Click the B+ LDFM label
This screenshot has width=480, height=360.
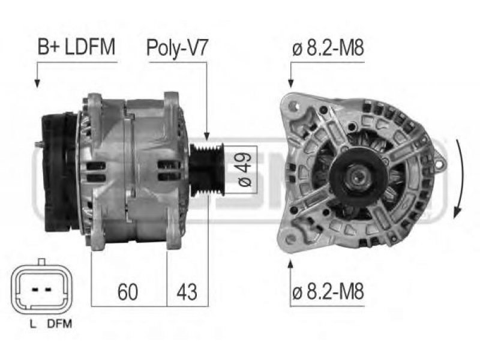tap(76, 47)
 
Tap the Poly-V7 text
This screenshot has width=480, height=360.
tap(177, 48)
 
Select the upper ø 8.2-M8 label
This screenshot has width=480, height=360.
tap(328, 48)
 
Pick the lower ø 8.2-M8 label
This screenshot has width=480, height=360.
tap(328, 291)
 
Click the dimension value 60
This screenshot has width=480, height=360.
tap(128, 292)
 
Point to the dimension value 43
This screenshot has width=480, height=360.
tap(187, 292)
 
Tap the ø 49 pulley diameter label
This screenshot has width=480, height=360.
tap(245, 169)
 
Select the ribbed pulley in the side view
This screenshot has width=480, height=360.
tap(207, 170)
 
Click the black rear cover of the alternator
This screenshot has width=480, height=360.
tap(59, 172)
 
